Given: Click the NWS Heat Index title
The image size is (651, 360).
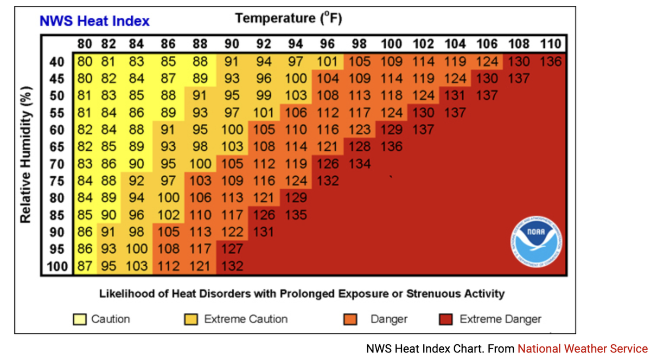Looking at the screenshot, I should pos(94,22).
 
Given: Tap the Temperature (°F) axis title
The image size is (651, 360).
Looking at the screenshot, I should pos(288,18).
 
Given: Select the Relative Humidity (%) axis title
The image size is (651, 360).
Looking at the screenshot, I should pos(25,155).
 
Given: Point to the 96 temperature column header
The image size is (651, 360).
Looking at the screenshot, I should pos(327,44).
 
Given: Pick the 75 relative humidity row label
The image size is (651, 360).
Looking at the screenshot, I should pos(57,181).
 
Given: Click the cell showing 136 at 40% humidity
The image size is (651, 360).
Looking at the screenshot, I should pos(551,61).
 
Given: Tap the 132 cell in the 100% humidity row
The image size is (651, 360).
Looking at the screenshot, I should pos(232,266).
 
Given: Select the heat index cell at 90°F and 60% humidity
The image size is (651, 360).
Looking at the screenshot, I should pos(232,130).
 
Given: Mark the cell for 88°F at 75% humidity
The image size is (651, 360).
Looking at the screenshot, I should pos(200,181).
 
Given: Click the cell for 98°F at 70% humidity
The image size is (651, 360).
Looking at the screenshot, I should pos(359,164).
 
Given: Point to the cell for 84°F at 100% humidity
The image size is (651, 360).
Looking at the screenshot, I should pos(136,266).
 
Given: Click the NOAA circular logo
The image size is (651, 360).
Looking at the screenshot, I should pos(536,241).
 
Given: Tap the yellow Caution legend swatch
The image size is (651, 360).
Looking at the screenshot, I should pos(80,319).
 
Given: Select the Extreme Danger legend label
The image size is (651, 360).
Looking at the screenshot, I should pos(500,319).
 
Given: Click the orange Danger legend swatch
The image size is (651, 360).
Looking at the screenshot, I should pos(350,319).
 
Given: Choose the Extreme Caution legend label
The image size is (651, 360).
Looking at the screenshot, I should pos(246,319).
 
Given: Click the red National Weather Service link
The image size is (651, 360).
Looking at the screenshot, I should pos(582,349).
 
